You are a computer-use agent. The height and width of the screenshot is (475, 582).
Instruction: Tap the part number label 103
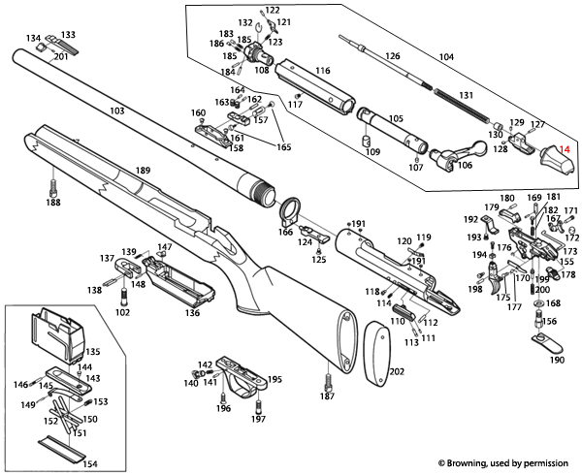click(117, 112)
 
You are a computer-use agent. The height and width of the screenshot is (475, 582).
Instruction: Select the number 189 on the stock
click(143, 171)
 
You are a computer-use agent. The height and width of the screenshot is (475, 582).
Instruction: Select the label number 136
click(193, 313)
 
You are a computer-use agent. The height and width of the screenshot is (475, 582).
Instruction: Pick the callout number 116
click(322, 71)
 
